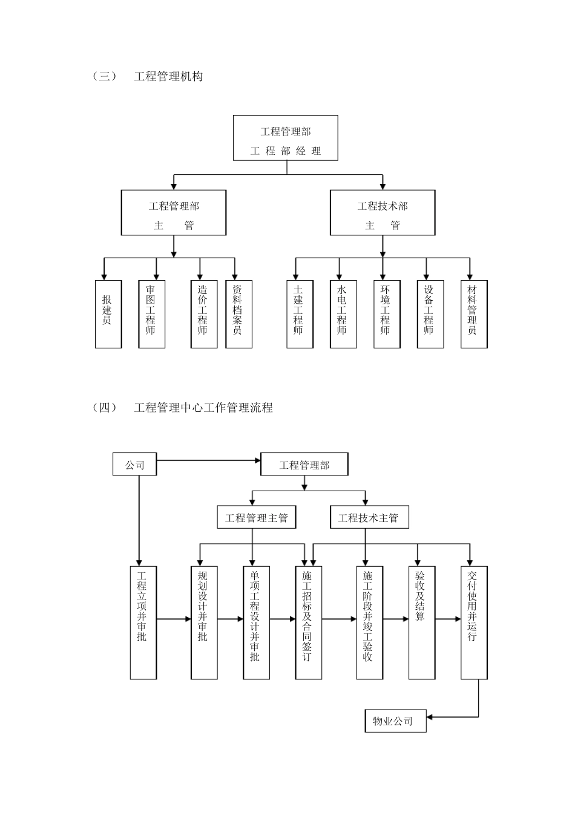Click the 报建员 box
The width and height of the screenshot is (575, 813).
tap(108, 314)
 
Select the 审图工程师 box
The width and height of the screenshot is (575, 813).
tap(152, 314)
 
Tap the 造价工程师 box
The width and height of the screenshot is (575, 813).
tap(204, 314)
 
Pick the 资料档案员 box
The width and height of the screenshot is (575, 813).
tap(238, 314)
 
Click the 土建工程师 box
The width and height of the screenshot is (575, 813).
tap(300, 314)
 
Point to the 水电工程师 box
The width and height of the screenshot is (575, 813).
tap(343, 314)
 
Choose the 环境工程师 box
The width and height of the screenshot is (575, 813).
tap(387, 314)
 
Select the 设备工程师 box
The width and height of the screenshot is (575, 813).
tap(430, 314)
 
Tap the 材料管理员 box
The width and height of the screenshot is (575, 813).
tap(474, 314)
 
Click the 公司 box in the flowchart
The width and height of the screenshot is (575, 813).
tap(134, 465)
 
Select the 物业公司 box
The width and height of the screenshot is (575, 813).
tap(395, 720)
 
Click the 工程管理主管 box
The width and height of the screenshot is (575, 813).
tap(257, 518)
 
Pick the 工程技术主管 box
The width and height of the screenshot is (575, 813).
tap(369, 518)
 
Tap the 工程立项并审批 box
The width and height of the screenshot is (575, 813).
tap(143, 622)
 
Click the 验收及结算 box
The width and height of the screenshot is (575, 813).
tap(422, 622)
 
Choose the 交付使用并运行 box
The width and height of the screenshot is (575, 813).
tap(474, 622)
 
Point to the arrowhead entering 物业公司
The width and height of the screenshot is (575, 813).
tap(431, 717)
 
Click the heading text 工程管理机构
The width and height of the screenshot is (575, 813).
tap(168, 76)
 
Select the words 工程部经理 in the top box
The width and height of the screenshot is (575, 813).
tap(286, 151)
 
